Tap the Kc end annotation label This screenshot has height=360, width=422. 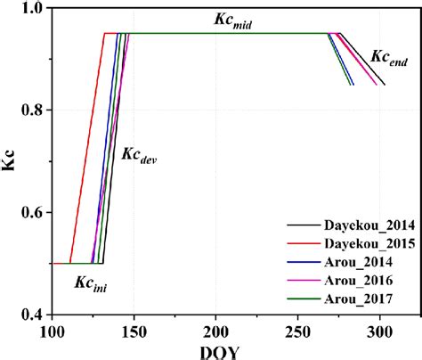pos(389,58)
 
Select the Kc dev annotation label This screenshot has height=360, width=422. pos(139,157)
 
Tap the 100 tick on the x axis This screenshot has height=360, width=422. pos(52,331)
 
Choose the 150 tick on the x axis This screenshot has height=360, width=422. pos(134,331)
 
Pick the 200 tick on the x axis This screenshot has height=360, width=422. pos(215,331)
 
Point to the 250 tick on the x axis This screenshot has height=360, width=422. pos(297,331)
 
